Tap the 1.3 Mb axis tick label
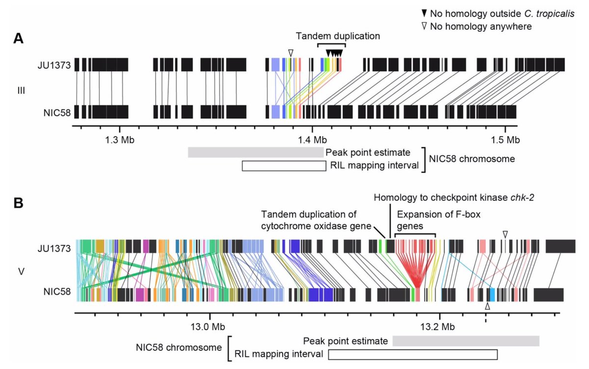(120, 139)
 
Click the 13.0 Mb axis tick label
(211, 326)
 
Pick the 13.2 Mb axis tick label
(439, 326)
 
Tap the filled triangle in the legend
(423, 14)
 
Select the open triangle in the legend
(423, 26)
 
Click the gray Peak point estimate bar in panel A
(255, 152)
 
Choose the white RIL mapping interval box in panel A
(284, 166)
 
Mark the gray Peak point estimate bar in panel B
(466, 341)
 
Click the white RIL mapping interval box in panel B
(413, 354)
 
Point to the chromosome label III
(21, 90)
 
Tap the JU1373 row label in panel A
(54, 65)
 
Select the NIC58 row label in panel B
(57, 293)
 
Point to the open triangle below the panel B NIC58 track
(486, 306)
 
